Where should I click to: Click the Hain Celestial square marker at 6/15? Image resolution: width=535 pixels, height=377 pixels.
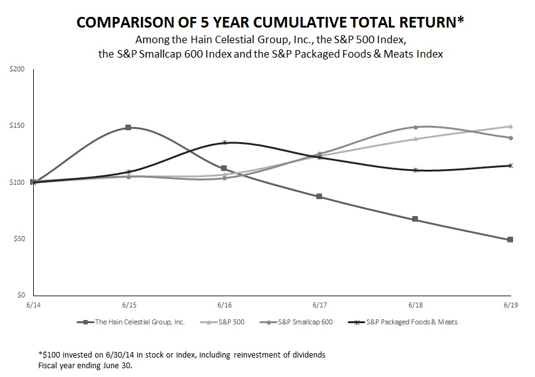tap(128, 127)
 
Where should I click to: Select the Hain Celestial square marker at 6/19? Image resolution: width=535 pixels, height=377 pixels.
tap(511, 239)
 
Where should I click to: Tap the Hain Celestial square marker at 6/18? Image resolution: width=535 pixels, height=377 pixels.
tap(415, 219)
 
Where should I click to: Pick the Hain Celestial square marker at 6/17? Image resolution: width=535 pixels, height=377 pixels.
tap(319, 196)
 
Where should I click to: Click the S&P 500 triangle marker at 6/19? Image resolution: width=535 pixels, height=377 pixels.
tap(511, 126)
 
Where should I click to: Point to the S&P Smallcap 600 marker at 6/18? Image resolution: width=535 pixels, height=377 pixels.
tap(415, 127)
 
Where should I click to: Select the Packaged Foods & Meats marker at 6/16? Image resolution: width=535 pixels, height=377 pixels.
tap(224, 143)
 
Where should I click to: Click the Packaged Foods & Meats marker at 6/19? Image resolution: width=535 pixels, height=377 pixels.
tap(511, 165)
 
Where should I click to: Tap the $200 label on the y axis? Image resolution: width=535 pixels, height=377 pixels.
tap(17, 69)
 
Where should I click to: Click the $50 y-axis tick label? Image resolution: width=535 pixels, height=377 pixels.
tap(19, 239)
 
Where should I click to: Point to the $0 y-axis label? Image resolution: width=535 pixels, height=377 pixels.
tap(21, 296)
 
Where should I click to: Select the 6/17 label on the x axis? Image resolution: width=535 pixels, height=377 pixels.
tap(319, 305)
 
